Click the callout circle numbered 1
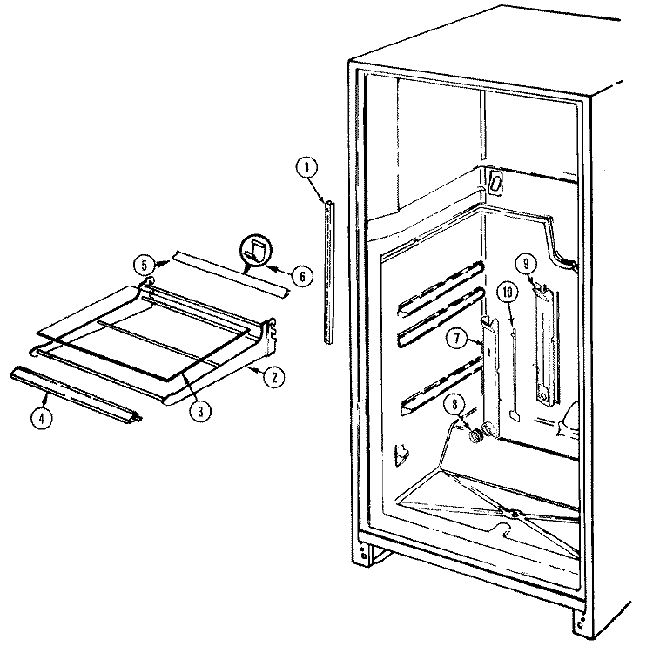click(306, 168)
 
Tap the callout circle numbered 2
click(273, 377)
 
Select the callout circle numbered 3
click(200, 410)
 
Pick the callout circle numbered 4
click(41, 418)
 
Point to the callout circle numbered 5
click(145, 266)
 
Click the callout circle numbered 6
click(302, 276)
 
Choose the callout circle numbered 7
click(457, 338)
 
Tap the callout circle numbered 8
click(454, 405)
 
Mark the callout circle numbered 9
click(526, 264)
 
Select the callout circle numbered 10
click(508, 292)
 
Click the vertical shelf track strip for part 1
click(330, 272)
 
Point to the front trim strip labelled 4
click(76, 394)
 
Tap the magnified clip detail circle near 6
click(256, 251)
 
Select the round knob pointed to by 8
click(475, 436)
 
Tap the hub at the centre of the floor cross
click(515, 514)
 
